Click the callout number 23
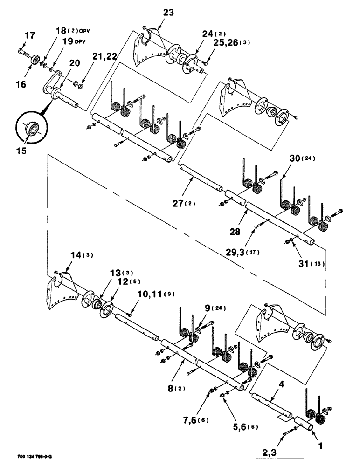tap(167, 13)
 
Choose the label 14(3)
tap(69, 254)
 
